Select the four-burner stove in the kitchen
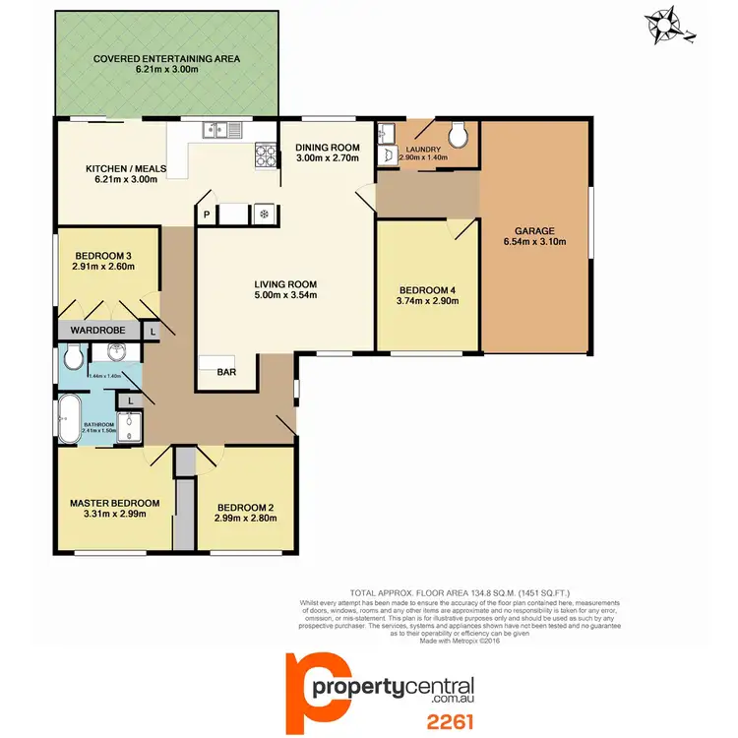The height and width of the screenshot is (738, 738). coord(268,154)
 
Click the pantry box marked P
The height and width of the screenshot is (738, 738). coord(208,214)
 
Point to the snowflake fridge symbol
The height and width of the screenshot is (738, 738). coord(264,214)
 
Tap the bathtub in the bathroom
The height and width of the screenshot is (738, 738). coord(70,419)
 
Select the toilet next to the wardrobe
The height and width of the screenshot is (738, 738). coord(71,356)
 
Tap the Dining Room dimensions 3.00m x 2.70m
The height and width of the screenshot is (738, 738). coord(328,157)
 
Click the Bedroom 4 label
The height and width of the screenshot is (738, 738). coord(427,289)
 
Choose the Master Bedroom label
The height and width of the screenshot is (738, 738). coord(114,503)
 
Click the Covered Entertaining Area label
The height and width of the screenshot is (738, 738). coord(166,59)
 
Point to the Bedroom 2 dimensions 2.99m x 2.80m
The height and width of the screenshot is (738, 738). coord(244,519)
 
